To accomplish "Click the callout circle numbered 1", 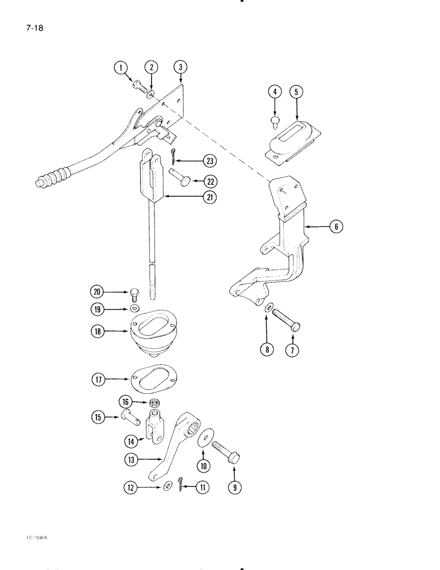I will pyautogui.click(x=120, y=68).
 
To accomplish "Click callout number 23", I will pyautogui.click(x=198, y=161).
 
